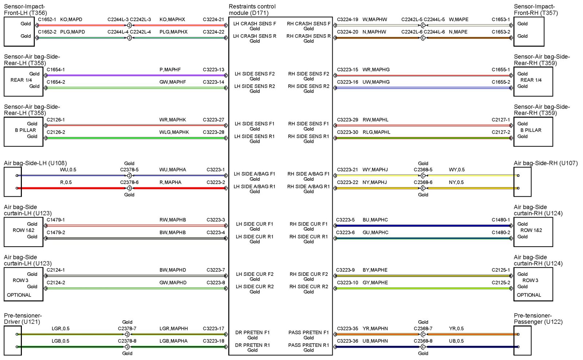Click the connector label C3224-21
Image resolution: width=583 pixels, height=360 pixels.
(213, 19)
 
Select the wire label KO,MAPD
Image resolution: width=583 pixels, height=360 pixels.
(71, 19)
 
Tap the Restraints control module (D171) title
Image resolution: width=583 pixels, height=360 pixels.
(252, 10)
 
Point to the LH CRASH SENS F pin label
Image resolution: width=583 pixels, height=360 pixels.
(254, 24)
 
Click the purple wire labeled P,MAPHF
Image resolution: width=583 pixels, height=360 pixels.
(135, 75)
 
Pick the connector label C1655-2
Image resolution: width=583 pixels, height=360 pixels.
(501, 82)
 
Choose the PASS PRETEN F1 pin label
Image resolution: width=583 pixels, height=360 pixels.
(308, 332)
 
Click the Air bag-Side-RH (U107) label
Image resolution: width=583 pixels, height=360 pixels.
(545, 163)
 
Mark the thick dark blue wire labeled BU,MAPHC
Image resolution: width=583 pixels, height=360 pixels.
(423, 226)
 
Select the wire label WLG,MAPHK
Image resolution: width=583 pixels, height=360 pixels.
(174, 132)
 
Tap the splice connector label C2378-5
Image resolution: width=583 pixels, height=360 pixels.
(129, 170)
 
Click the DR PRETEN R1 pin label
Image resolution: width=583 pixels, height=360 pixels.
(252, 345)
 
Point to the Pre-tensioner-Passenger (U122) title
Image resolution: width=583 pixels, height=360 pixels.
(538, 319)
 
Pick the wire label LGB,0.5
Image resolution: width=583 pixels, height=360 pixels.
(60, 341)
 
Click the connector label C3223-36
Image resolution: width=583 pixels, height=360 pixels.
(347, 341)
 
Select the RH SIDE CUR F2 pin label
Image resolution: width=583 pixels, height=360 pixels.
(308, 274)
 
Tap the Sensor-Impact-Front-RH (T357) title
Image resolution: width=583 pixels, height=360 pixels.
(535, 10)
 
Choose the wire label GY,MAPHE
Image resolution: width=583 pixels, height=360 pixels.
(375, 283)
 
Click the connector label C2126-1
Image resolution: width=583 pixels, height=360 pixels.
(55, 120)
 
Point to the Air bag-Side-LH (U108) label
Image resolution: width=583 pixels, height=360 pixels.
(35, 163)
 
